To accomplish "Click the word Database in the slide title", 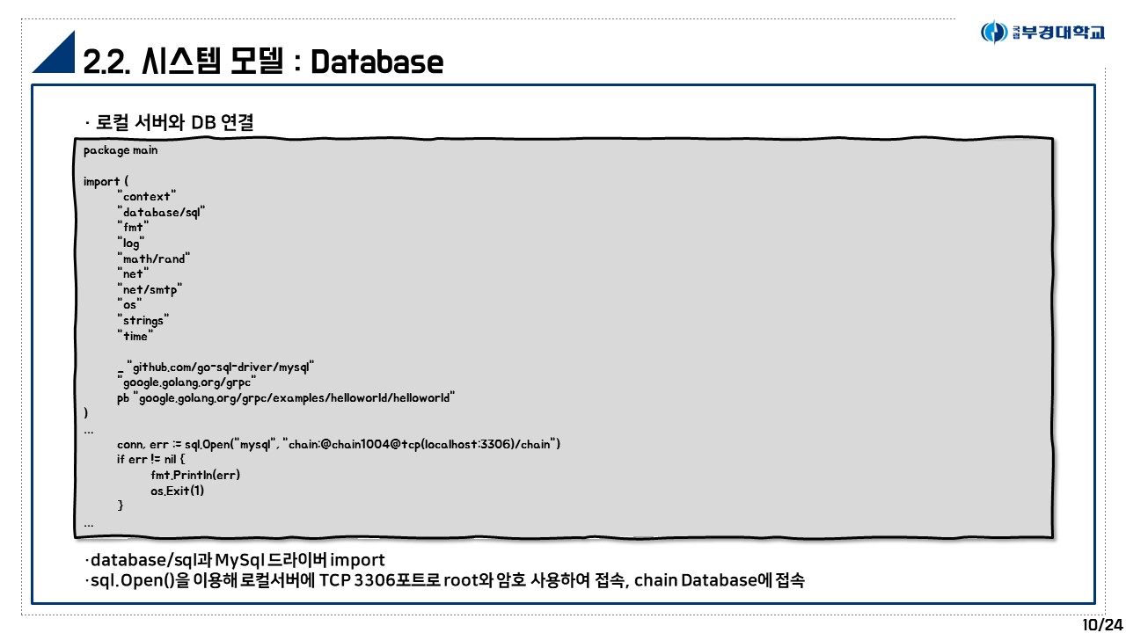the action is pyautogui.click(x=377, y=62).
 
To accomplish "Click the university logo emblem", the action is pyautogui.click(x=994, y=33).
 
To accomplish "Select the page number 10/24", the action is pyautogui.click(x=1102, y=624).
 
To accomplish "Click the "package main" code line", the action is pyautogui.click(x=121, y=150).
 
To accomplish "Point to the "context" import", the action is pyautogui.click(x=147, y=196).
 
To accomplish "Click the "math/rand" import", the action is pyautogui.click(x=154, y=258).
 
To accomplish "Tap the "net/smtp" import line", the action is pyautogui.click(x=150, y=289).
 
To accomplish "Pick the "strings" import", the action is pyautogui.click(x=143, y=320).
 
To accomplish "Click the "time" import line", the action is pyautogui.click(x=135, y=336).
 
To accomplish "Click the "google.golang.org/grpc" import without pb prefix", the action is pyautogui.click(x=187, y=382).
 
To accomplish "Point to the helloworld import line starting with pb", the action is pyautogui.click(x=286, y=397).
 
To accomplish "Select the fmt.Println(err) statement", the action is pyautogui.click(x=195, y=475).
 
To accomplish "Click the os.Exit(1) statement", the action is pyautogui.click(x=177, y=491).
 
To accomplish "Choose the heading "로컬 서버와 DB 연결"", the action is pyautogui.click(x=173, y=122).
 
